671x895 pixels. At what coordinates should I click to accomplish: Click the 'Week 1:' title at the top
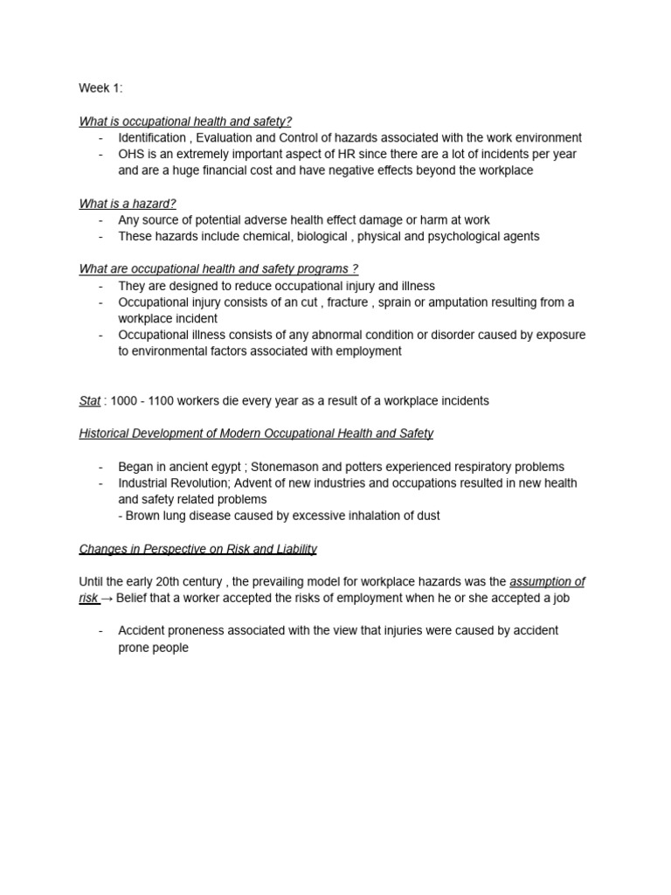[x=100, y=88]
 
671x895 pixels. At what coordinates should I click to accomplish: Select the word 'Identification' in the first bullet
[x=152, y=138]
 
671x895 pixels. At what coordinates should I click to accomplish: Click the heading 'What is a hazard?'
[x=128, y=204]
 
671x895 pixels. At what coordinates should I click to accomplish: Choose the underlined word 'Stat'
[x=90, y=401]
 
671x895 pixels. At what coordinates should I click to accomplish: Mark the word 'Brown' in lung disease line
[x=144, y=516]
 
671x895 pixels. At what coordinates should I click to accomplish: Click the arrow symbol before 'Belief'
[x=107, y=599]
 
